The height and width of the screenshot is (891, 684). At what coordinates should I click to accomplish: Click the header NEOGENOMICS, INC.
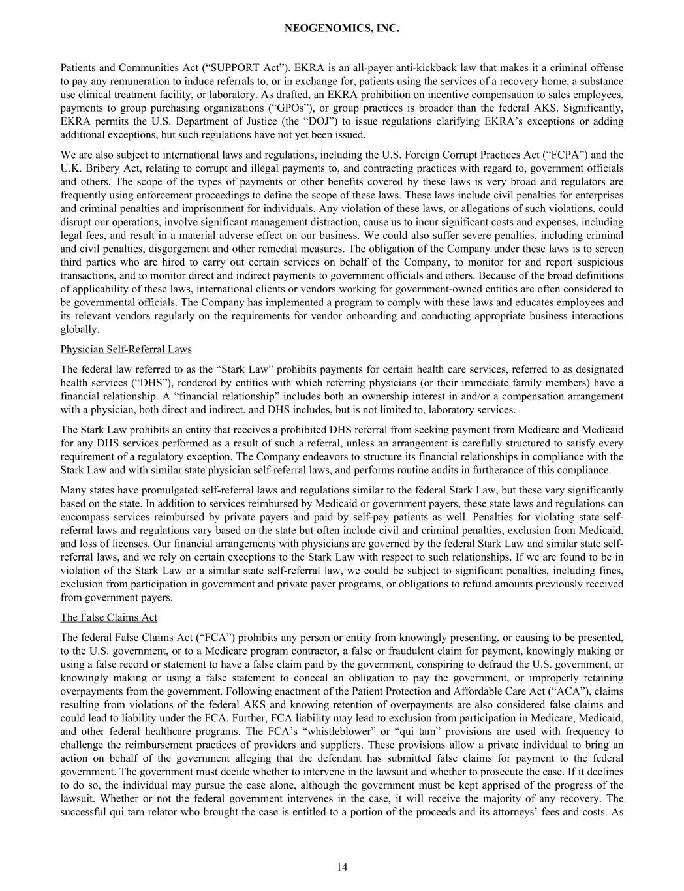[342, 29]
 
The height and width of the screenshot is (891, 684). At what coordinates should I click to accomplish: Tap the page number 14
[342, 867]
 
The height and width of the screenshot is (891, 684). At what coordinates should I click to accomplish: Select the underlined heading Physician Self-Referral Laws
[126, 349]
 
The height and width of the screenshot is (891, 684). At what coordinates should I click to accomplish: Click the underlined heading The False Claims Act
[109, 617]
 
